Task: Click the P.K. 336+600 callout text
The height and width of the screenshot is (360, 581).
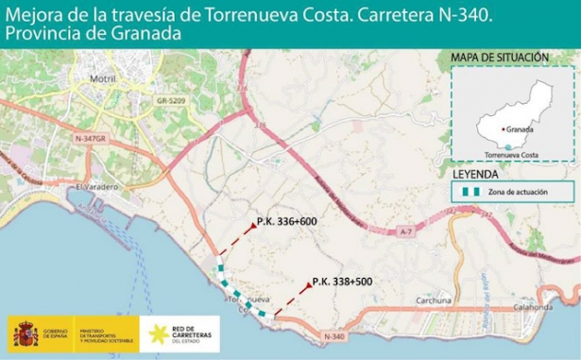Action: click(286, 223)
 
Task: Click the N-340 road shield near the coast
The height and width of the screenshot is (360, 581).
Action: click(334, 336)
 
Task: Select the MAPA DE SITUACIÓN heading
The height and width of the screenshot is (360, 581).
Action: click(499, 58)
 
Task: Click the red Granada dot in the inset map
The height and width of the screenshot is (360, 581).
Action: click(502, 129)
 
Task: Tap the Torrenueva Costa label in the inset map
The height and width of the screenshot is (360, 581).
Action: click(511, 154)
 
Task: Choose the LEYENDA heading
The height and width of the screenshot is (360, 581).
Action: click(477, 175)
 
